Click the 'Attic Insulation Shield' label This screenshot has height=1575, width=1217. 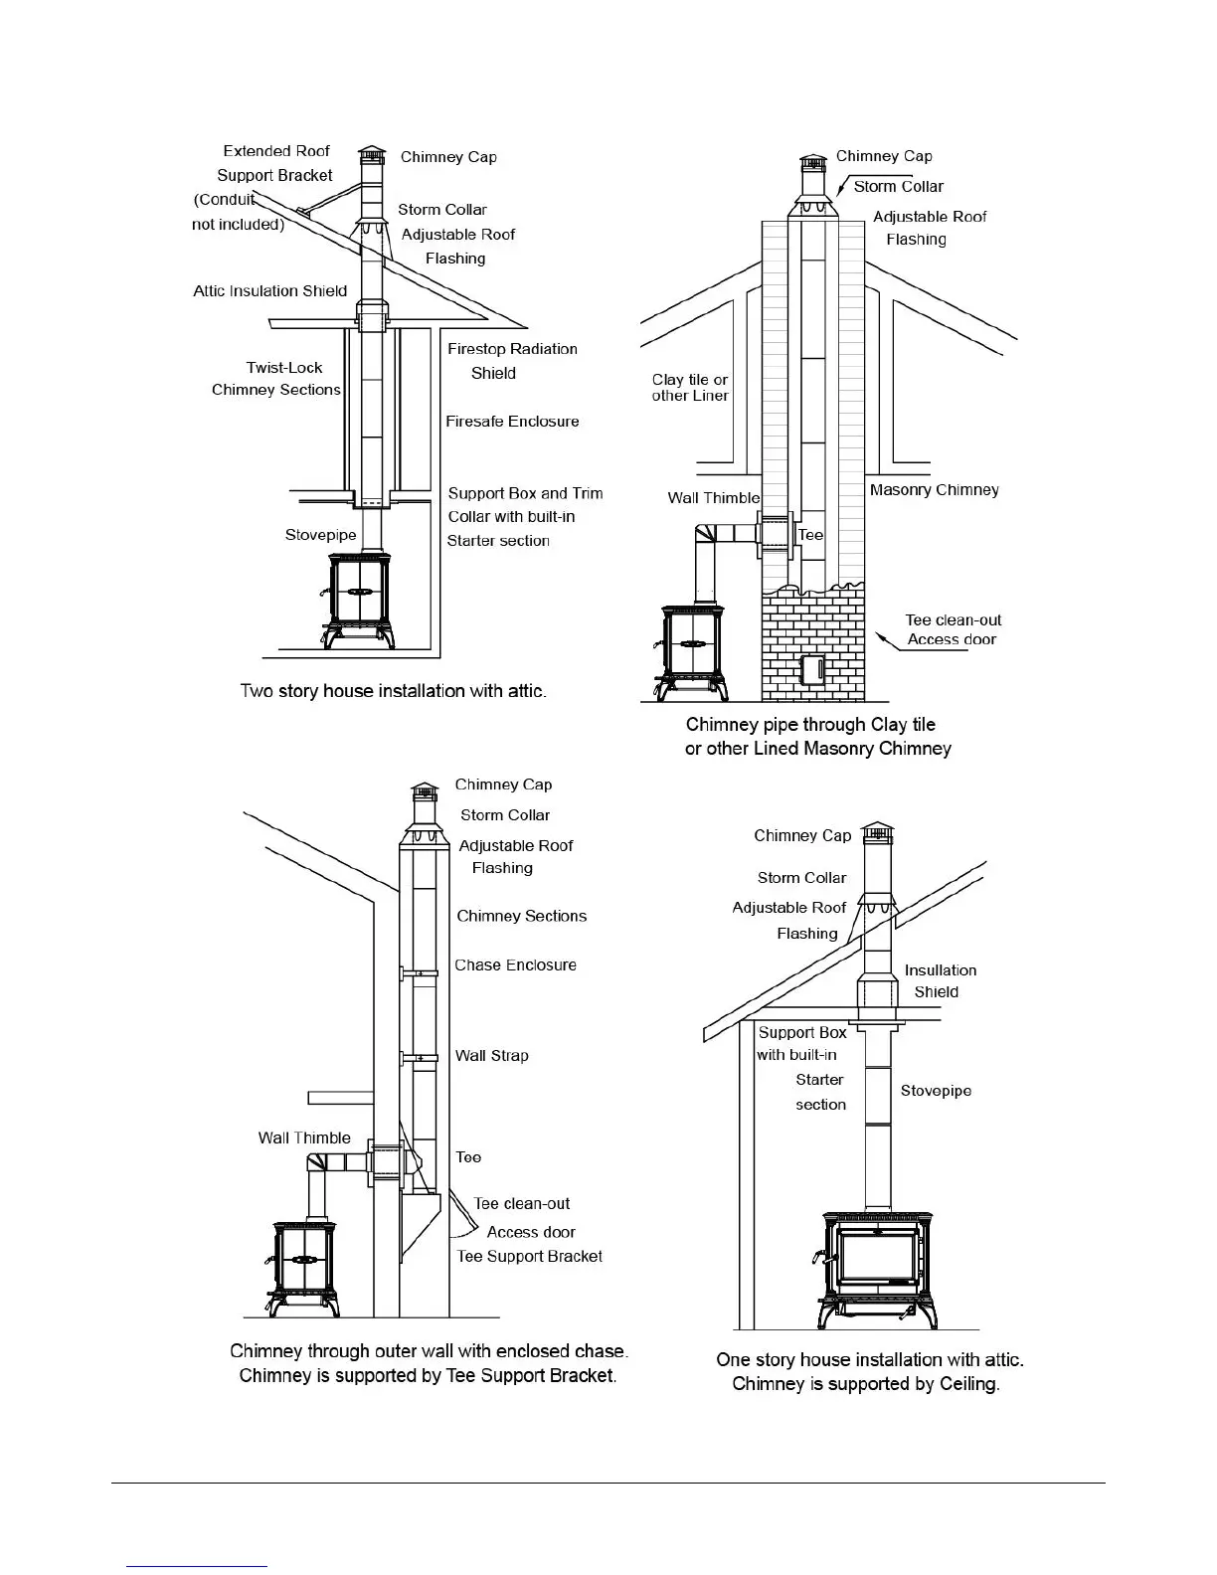(x=269, y=291)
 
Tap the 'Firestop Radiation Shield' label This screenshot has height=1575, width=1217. (x=511, y=361)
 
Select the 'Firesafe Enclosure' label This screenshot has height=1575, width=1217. (x=511, y=422)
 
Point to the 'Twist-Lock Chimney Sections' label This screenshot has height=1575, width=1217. (x=276, y=379)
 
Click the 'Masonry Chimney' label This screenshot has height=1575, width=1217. (x=934, y=490)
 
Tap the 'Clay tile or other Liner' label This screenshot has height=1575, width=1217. (x=690, y=388)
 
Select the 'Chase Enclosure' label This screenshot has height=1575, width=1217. (x=515, y=965)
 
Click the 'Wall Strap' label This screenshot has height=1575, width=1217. (x=491, y=1056)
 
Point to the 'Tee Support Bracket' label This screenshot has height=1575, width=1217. (x=529, y=1257)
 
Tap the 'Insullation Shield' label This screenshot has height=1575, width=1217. (x=940, y=981)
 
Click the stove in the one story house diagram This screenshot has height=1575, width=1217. (x=876, y=1268)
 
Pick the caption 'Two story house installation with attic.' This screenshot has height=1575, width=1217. (x=393, y=691)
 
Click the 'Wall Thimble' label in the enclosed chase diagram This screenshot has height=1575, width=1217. (x=304, y=1138)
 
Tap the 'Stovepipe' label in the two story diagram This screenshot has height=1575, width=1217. (x=320, y=536)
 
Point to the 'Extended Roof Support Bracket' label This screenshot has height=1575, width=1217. (x=275, y=163)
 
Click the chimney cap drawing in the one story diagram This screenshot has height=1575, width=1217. (x=877, y=833)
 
